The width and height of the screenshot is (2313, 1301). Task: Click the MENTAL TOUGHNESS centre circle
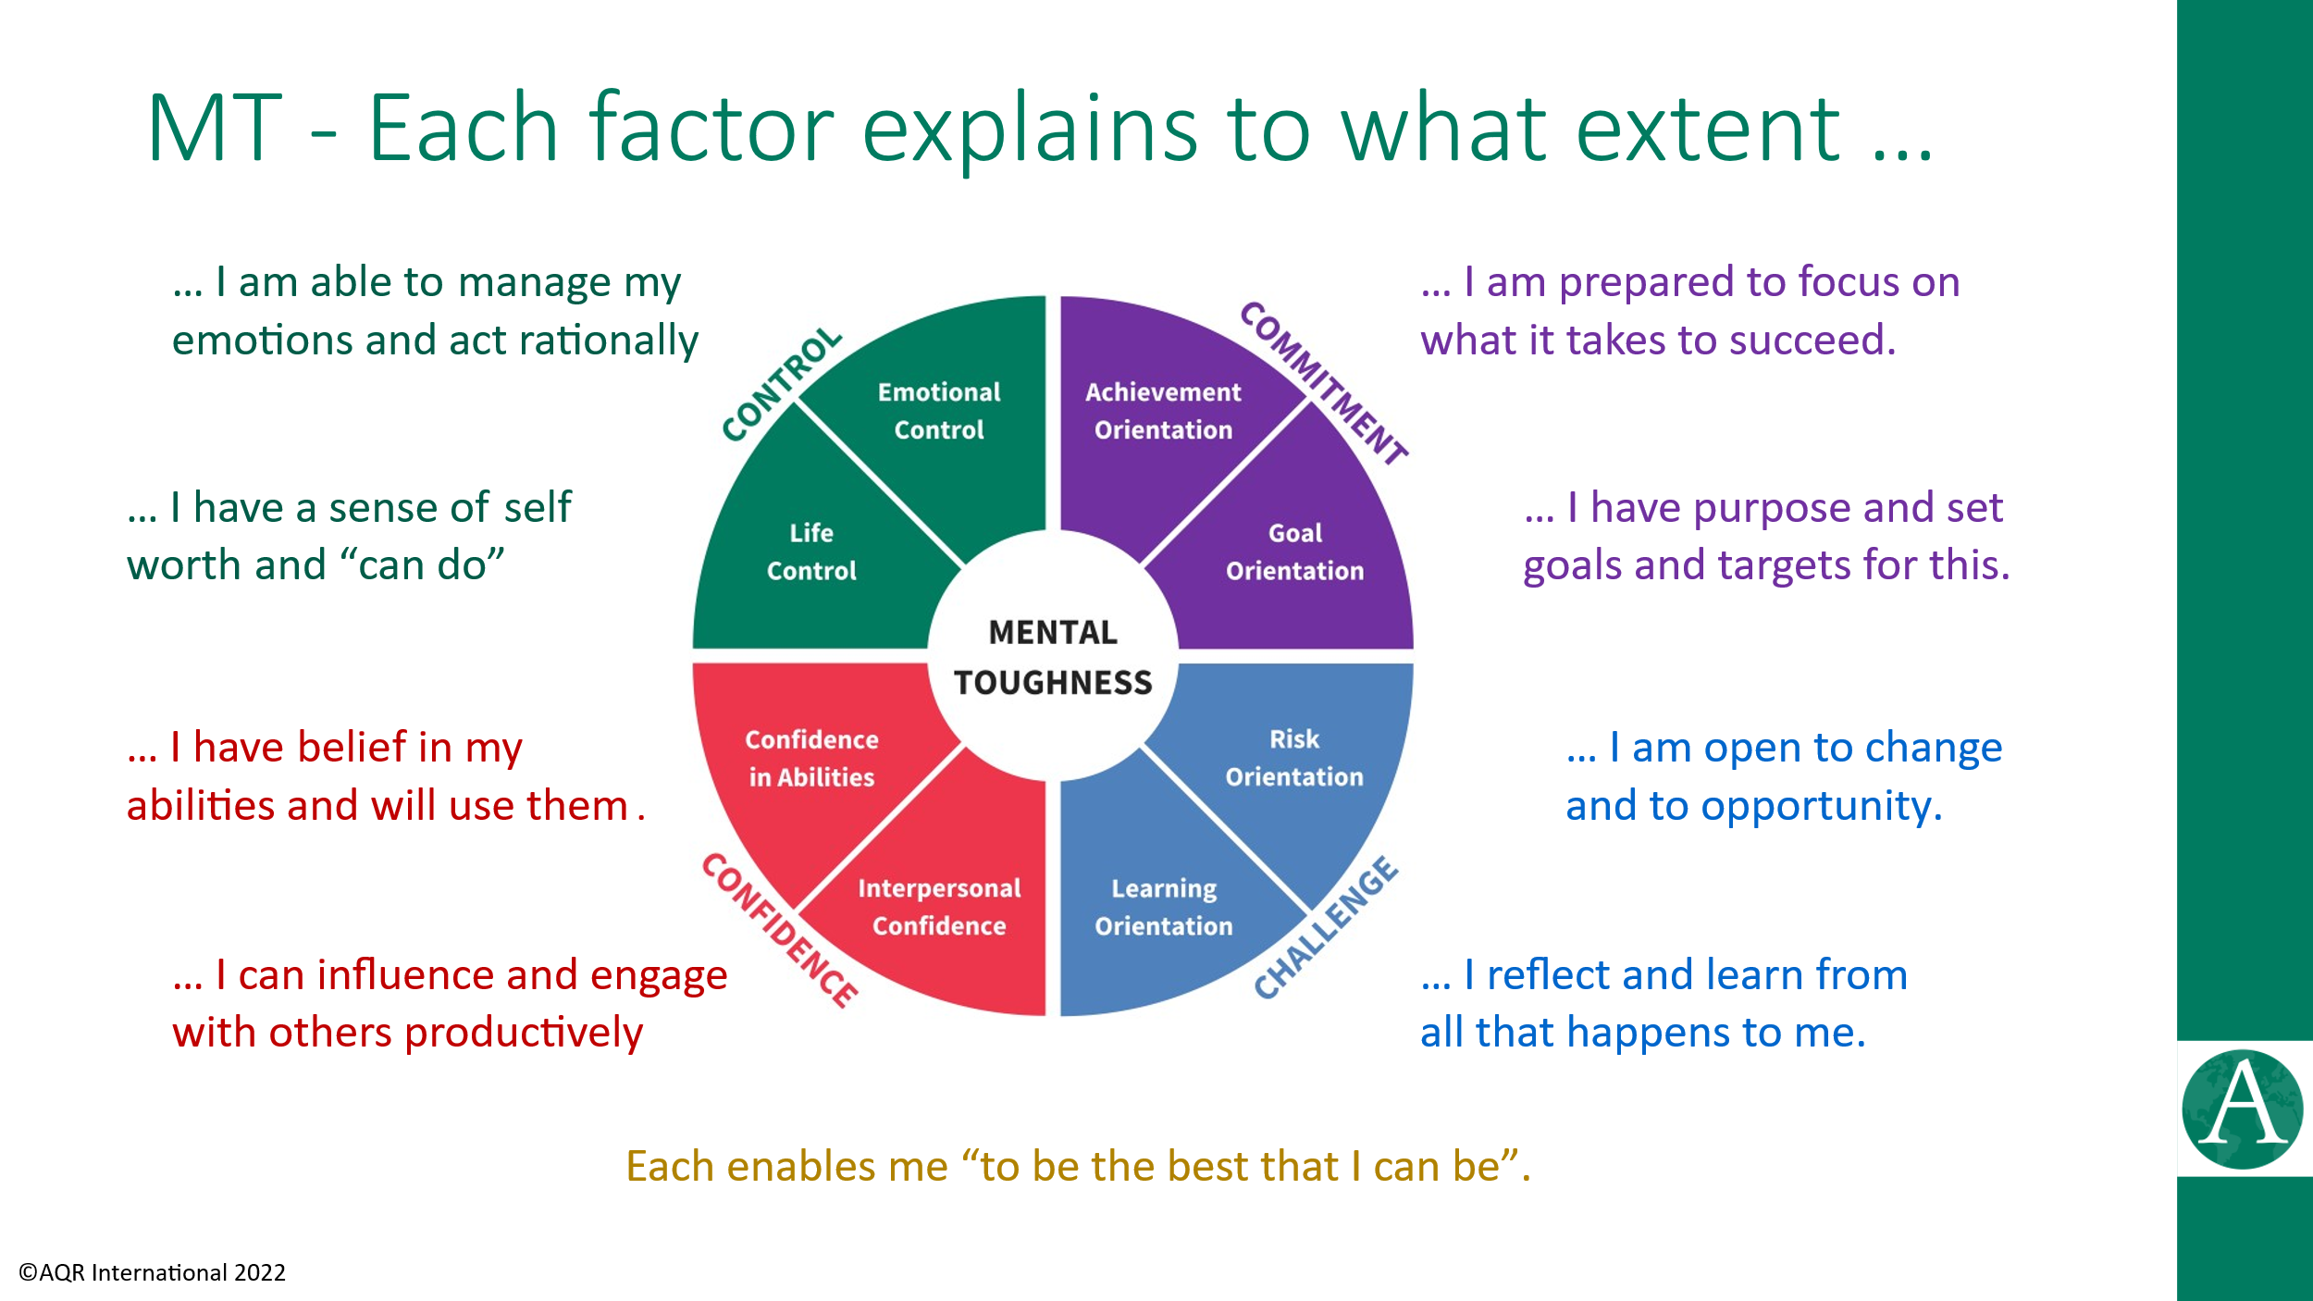point(1053,656)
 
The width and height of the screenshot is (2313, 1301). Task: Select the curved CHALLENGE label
point(1326,927)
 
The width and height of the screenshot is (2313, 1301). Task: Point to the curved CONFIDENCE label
point(779,930)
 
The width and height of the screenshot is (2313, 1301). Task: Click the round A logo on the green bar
point(2242,1109)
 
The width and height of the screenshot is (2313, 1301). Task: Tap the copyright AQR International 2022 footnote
point(153,1273)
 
